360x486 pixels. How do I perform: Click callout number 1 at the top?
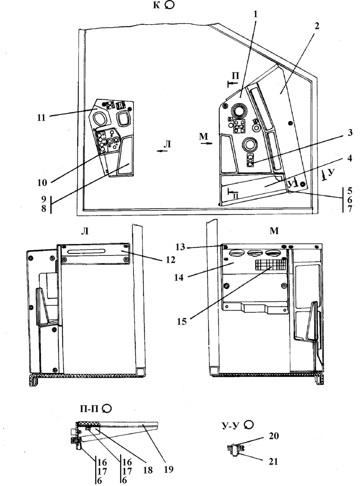click(255, 14)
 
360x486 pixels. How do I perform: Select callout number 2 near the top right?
click(317, 26)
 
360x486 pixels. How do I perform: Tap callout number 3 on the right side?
click(350, 133)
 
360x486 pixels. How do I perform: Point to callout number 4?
click(349, 158)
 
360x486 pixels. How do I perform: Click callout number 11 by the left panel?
click(41, 118)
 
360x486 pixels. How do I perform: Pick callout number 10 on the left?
click(42, 182)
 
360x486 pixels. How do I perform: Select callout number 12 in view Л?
click(170, 259)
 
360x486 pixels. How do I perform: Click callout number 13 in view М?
click(180, 247)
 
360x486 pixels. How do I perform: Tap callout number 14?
click(179, 277)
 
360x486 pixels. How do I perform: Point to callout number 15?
click(182, 321)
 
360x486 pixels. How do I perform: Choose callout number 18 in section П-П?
click(148, 470)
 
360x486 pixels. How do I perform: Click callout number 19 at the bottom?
click(168, 469)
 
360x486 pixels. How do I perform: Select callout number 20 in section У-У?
click(273, 436)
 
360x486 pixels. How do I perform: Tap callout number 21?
click(273, 462)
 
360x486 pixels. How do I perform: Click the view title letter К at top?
click(157, 5)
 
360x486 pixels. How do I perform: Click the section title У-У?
click(231, 425)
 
